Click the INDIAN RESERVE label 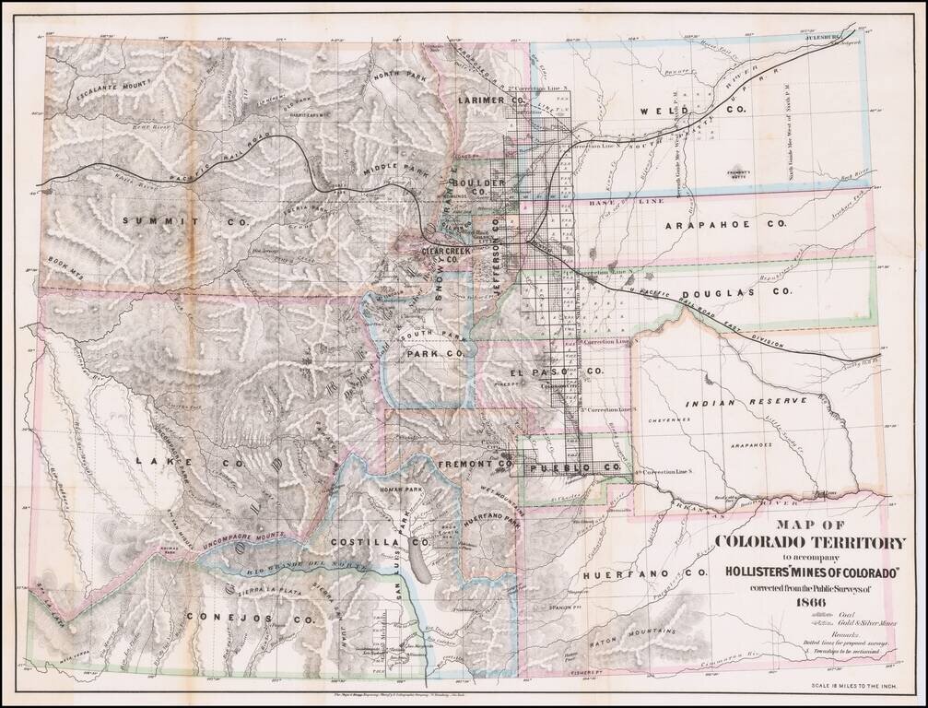[728, 403]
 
